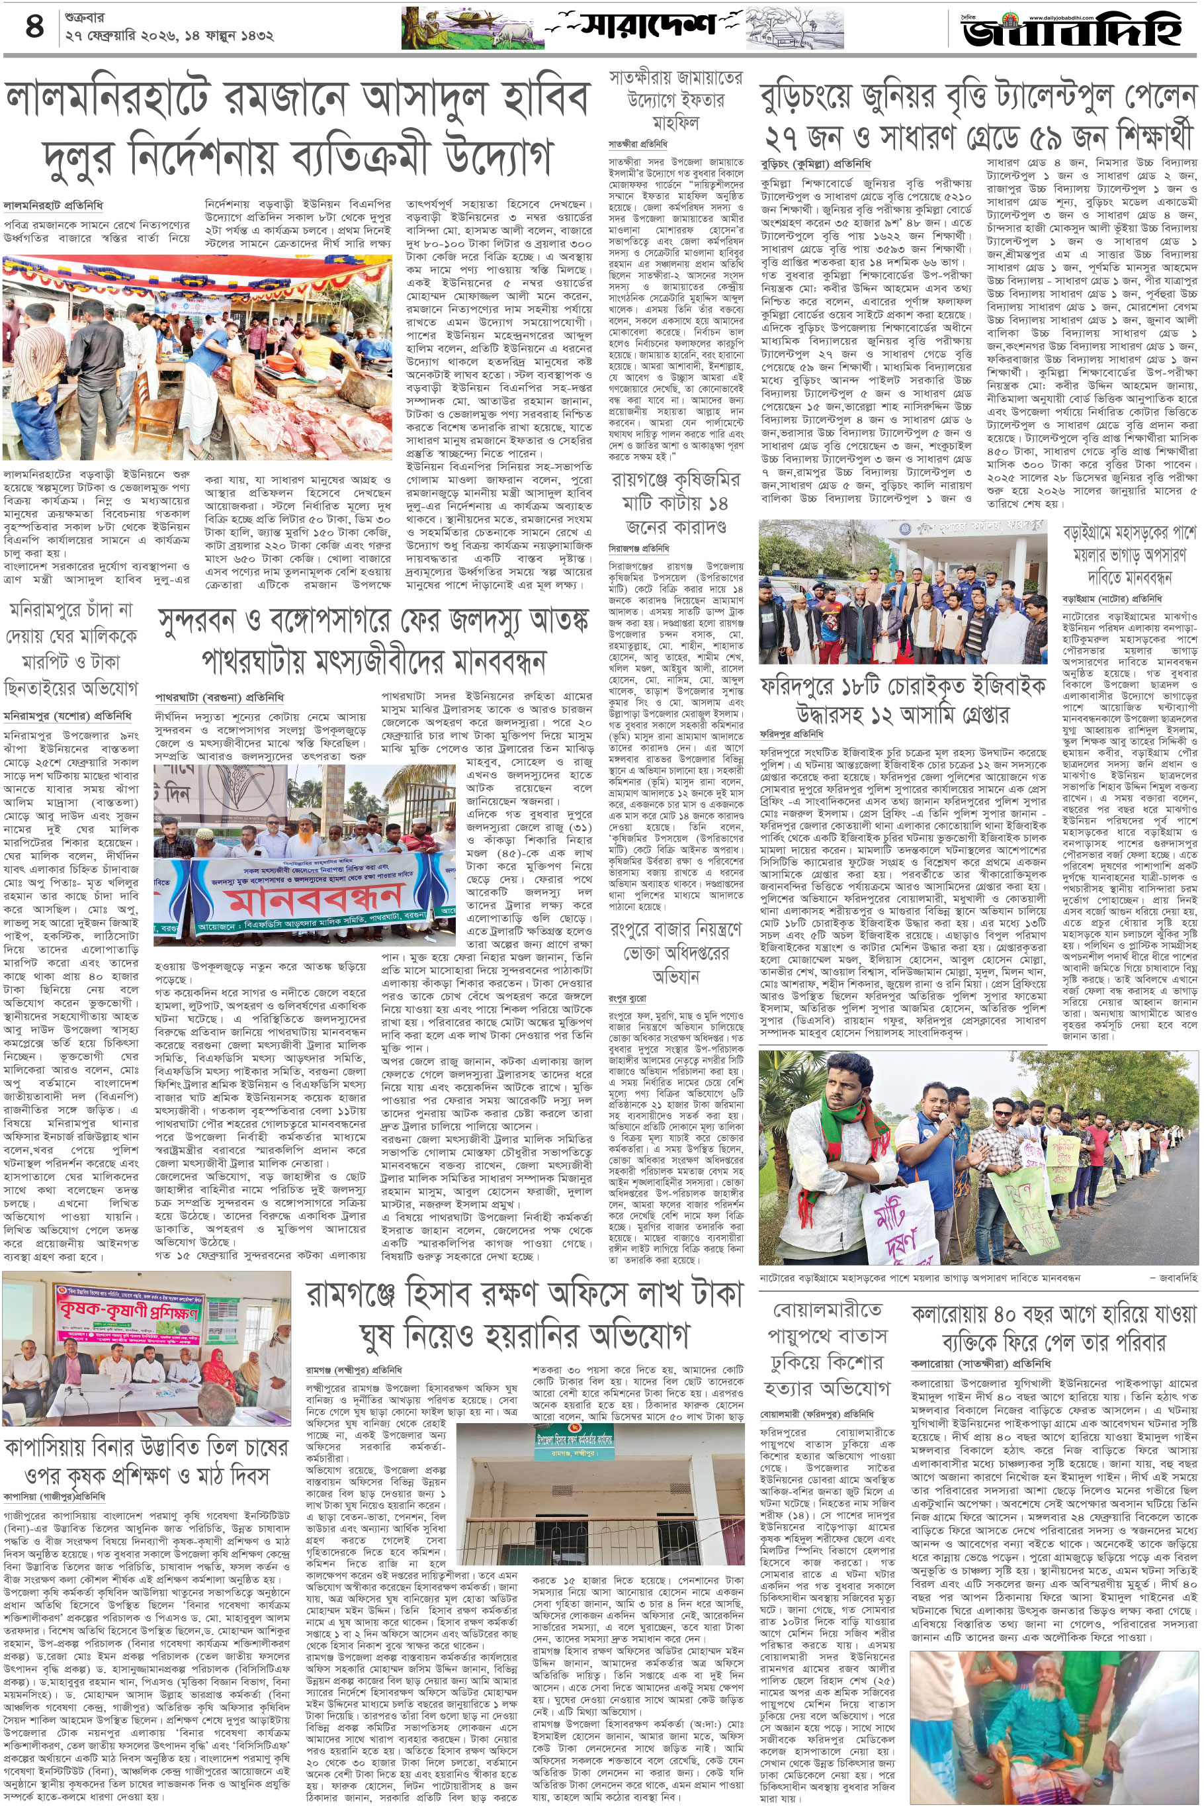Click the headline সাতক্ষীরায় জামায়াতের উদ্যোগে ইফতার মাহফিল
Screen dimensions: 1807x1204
[x=675, y=101]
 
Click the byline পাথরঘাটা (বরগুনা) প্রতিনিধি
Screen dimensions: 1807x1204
[x=219, y=697]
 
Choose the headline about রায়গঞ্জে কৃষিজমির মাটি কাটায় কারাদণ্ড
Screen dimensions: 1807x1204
[x=675, y=503]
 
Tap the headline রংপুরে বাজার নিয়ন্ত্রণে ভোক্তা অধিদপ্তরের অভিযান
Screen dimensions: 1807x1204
[x=675, y=952]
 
